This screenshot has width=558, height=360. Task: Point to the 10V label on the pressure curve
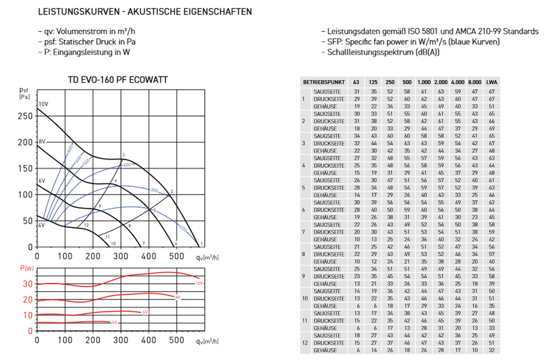click(x=43, y=104)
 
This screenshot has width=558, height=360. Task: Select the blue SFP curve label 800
click(x=70, y=149)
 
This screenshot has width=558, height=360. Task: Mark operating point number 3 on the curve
click(x=122, y=154)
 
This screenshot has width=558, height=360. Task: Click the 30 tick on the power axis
click(x=28, y=284)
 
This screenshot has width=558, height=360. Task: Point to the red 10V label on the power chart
click(x=199, y=283)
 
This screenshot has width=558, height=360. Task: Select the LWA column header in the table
click(x=491, y=83)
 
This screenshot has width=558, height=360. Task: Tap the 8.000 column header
click(x=475, y=83)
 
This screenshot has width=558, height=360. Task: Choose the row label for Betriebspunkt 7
click(x=303, y=232)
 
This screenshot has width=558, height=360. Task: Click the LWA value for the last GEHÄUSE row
click(x=491, y=350)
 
